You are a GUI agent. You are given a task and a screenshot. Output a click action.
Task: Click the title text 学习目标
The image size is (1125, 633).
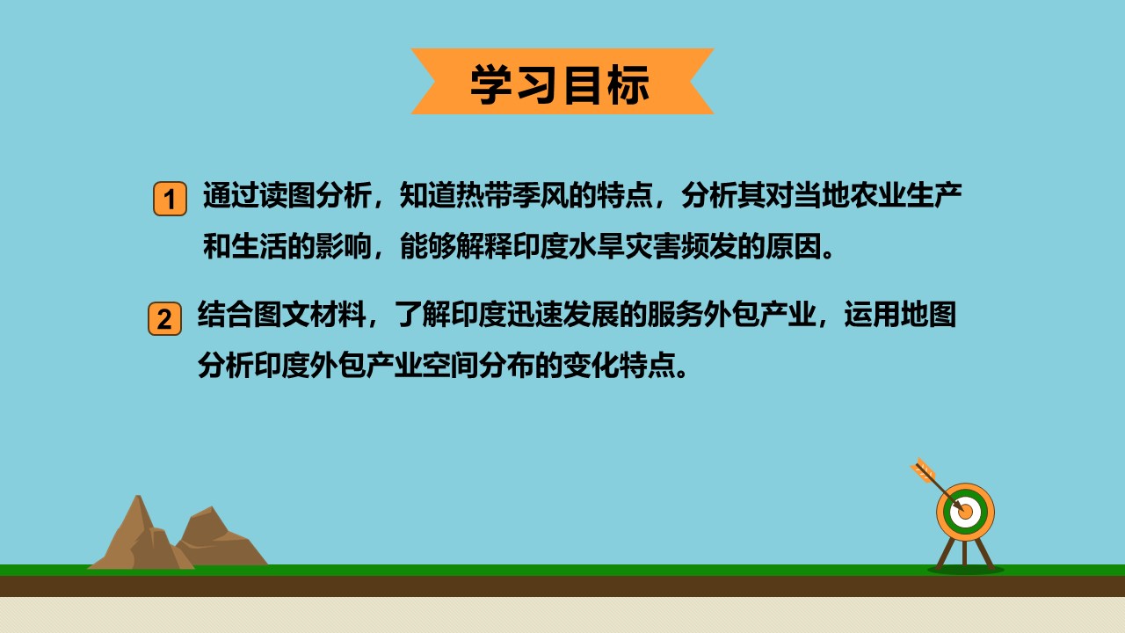(560, 84)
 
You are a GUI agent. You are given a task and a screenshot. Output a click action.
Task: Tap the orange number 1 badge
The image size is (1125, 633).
(170, 199)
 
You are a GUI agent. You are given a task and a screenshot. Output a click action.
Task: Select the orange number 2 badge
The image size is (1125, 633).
(164, 318)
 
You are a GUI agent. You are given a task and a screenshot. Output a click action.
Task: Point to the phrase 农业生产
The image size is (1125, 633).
(905, 195)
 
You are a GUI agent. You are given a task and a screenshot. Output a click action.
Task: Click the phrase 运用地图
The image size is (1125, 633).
(900, 315)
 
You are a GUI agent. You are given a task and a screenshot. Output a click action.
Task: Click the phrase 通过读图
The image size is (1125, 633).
(258, 195)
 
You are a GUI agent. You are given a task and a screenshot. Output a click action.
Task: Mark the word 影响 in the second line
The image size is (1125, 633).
(343, 246)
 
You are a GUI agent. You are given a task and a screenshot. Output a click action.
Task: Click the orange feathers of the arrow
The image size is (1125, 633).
(923, 470)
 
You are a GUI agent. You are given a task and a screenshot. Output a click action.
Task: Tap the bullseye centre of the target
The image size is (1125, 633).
(965, 513)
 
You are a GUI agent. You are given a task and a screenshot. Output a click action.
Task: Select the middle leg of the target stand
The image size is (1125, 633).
(965, 554)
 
